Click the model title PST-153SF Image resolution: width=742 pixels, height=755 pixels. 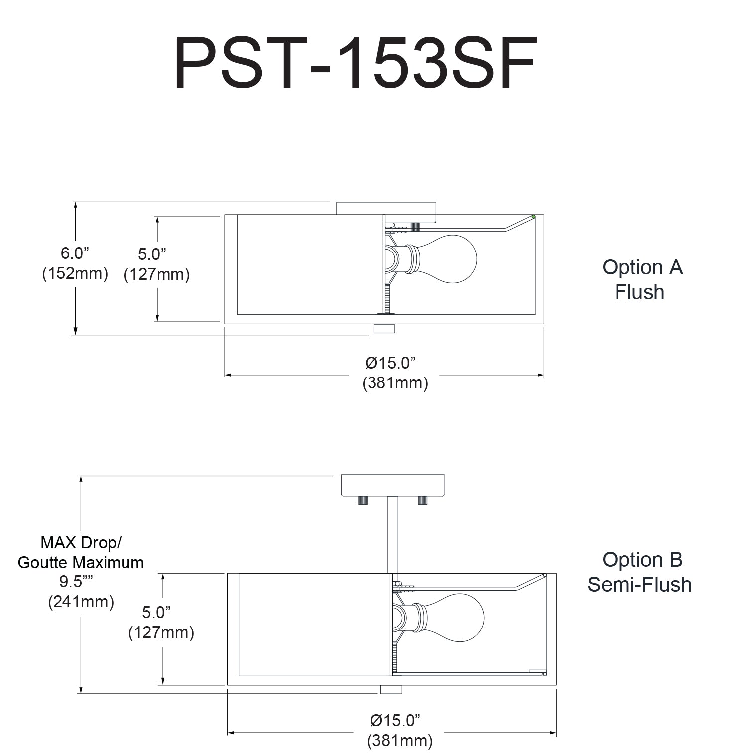point(355,63)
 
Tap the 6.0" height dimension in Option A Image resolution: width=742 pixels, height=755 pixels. point(75,253)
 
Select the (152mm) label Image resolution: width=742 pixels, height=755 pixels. point(75,273)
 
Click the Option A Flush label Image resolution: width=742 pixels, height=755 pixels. point(641,279)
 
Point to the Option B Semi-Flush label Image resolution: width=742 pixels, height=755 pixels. point(640,572)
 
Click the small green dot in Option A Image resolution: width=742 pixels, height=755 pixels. point(533,217)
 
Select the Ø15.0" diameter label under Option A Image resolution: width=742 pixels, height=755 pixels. point(390,363)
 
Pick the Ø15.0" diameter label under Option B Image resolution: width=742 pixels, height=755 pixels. point(395,720)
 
